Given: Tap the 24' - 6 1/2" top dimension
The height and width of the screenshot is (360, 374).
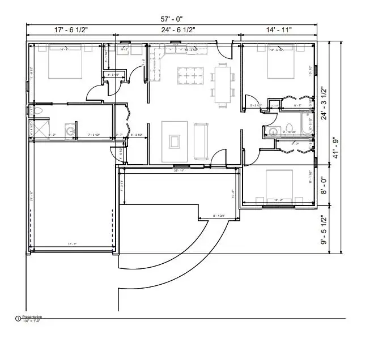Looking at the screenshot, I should pos(178,29).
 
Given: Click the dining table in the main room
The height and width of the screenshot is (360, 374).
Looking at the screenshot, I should pos(223,85).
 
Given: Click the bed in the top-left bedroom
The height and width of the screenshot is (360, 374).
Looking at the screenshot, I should pos(66,63).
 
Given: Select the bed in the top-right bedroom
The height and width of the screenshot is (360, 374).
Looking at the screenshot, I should pos(282,64).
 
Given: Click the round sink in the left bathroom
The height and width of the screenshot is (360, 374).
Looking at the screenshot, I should pos(70,131).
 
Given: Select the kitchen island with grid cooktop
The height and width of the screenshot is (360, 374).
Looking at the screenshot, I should pos(192,75).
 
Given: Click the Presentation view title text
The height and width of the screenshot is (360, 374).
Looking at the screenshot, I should pos(32,317).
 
